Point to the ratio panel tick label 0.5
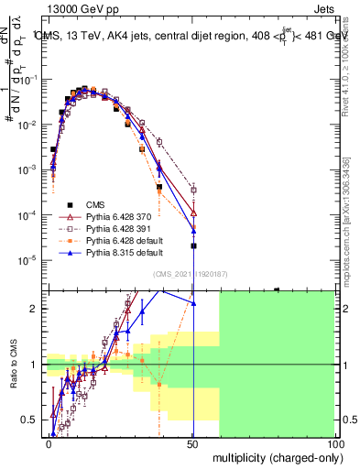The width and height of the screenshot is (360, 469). (x=31, y=420)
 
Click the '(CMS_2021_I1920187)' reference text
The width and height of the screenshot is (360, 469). (x=191, y=274)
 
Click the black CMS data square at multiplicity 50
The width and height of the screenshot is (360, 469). (x=193, y=245)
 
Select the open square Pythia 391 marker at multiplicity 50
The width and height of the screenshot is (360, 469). (x=193, y=190)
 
